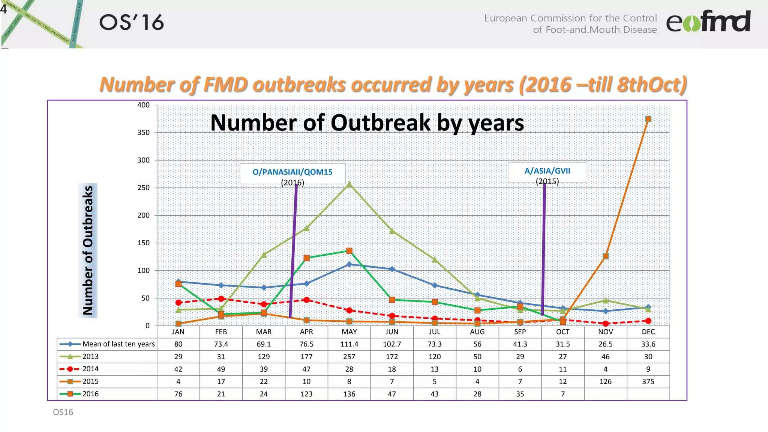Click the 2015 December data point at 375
(x=648, y=119)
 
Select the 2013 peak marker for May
(x=349, y=184)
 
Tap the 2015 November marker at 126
(x=605, y=256)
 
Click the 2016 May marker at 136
(x=349, y=250)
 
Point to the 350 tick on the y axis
(x=143, y=132)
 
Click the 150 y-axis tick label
(x=143, y=243)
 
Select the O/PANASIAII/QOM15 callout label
(x=292, y=172)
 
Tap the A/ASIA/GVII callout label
(x=547, y=171)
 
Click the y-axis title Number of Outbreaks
(x=88, y=250)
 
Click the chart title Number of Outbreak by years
(x=367, y=123)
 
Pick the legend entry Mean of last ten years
(x=118, y=344)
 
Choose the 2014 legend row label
(x=90, y=369)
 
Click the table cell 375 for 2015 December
(x=648, y=381)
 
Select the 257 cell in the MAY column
(x=349, y=357)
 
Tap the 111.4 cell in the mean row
(x=349, y=344)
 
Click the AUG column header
(x=477, y=332)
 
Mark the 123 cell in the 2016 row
(x=306, y=394)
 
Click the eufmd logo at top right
(x=708, y=21)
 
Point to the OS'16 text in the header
(x=131, y=22)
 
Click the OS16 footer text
(x=63, y=412)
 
